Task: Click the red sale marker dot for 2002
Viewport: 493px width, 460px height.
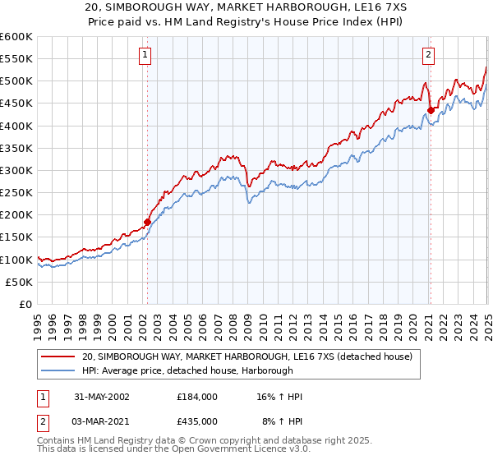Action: pos(148,222)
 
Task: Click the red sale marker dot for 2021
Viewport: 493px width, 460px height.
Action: pos(430,110)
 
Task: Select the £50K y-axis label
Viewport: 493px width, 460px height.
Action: pos(19,282)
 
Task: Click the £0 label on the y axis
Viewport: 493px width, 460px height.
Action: pos(26,304)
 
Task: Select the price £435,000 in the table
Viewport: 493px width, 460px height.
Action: pos(197,421)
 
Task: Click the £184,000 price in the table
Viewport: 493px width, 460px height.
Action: pos(197,397)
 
